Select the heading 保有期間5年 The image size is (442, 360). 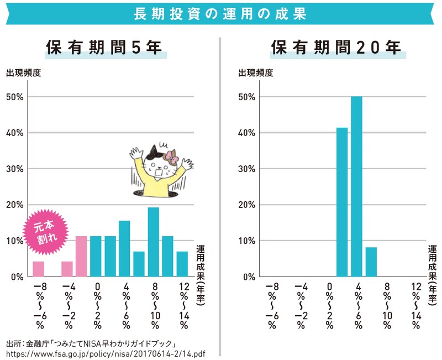pos(104,48)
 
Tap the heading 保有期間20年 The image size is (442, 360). pos(336,48)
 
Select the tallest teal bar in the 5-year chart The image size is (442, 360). pos(154,242)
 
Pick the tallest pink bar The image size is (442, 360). pos(81,256)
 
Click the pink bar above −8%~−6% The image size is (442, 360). pos(39,269)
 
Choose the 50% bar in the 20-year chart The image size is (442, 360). pos(356,186)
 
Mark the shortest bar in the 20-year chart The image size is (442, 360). pos(371,262)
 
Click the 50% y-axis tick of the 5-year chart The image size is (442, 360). pos(15,97)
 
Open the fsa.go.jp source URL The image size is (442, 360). pos(105,352)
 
